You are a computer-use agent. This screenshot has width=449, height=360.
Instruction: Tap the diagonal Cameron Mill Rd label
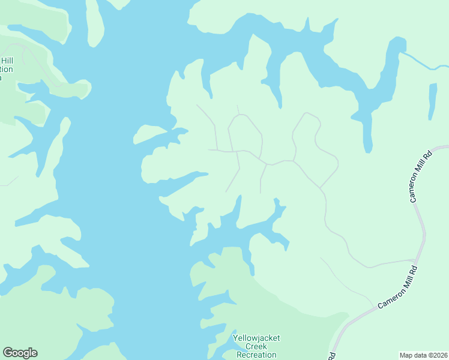(397, 289)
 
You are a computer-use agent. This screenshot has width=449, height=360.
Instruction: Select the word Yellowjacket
(256, 338)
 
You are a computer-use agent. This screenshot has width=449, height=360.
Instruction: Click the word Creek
(256, 347)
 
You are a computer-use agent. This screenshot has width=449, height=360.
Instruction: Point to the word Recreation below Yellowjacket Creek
(256, 355)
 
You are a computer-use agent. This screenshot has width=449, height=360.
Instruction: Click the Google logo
(20, 353)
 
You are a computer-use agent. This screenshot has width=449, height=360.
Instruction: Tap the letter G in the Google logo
(8, 352)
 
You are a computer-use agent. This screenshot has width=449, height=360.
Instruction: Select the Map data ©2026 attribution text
(423, 355)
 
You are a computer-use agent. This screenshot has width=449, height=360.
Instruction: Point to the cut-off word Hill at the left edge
(7, 61)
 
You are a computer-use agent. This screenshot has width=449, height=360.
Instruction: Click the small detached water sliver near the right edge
(432, 101)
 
